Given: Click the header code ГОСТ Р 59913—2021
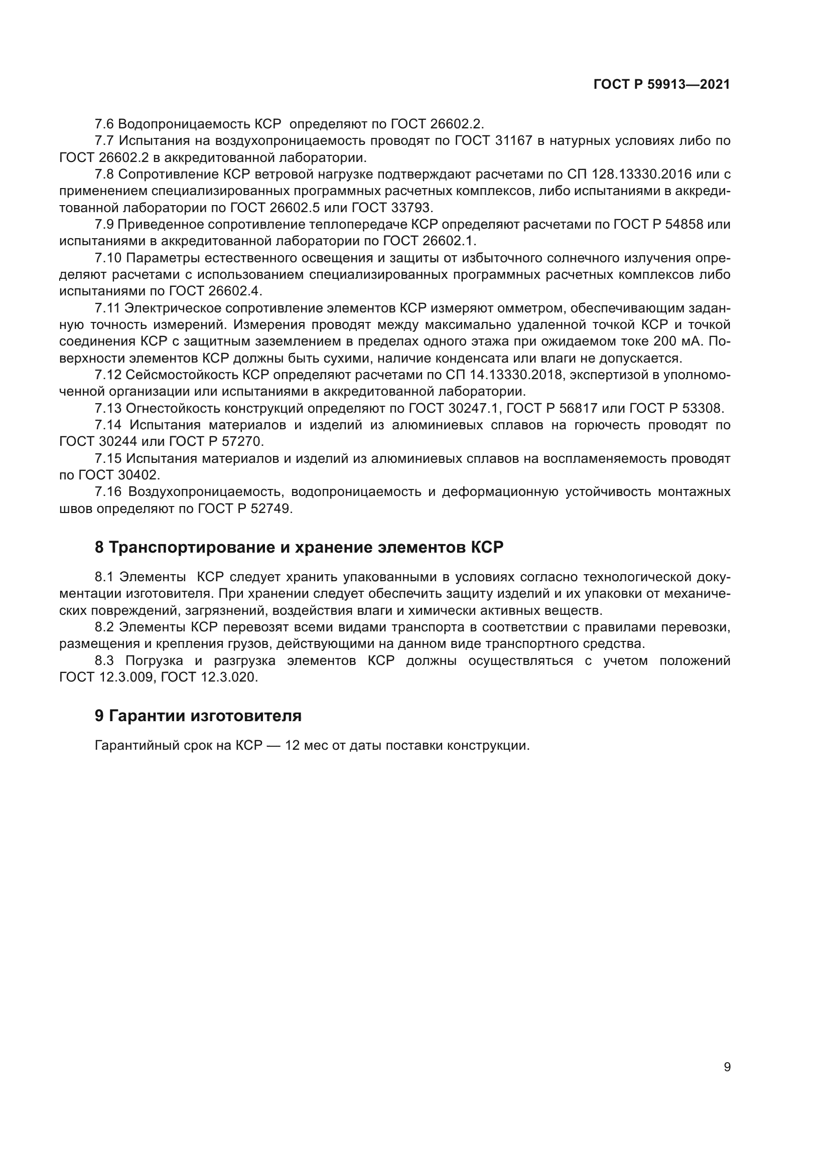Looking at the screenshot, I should (x=661, y=85).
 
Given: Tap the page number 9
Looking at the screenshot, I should (x=727, y=1067).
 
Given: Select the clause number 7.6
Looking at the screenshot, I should (x=104, y=124).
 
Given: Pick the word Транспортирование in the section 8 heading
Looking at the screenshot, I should (x=192, y=547).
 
